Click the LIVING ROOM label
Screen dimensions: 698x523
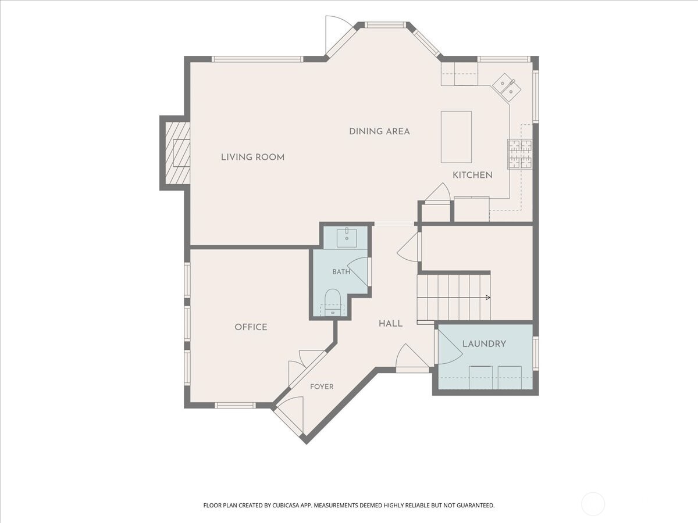[x=253, y=157]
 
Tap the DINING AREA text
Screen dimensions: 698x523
[x=379, y=131]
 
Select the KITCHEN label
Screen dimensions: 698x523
[x=472, y=175]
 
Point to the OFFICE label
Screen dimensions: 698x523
[x=251, y=327]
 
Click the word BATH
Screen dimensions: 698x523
[x=341, y=272]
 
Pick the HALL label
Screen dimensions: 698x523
[x=390, y=324]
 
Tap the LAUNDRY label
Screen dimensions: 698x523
[x=484, y=343]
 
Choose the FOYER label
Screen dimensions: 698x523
[x=322, y=386]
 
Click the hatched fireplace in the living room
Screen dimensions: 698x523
[x=177, y=153]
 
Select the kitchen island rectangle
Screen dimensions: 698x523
[x=456, y=137]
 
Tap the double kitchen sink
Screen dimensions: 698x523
[x=507, y=88]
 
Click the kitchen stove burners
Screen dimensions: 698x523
[x=520, y=154]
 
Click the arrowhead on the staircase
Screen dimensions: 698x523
[x=488, y=298]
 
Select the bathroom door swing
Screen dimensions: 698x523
[x=358, y=271]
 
